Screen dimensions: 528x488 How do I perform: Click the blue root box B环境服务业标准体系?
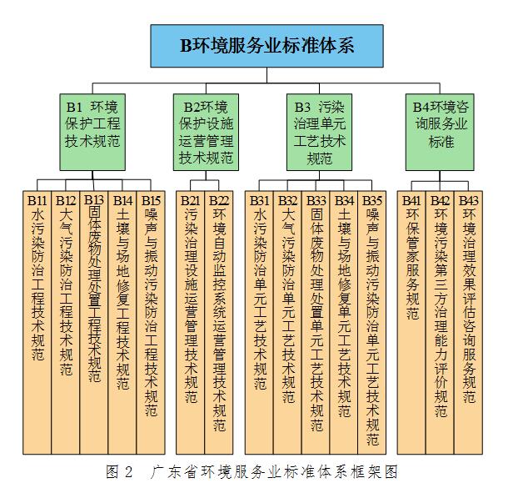[x=266, y=46]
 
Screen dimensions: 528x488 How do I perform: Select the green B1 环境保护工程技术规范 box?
[x=92, y=132]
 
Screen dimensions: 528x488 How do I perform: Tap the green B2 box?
[x=206, y=132]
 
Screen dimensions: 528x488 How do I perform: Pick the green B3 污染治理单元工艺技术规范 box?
[x=319, y=132]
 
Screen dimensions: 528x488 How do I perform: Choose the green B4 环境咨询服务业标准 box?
[x=440, y=132]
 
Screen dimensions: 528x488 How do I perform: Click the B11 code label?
[x=37, y=201]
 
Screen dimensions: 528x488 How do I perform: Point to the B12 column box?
[x=66, y=323]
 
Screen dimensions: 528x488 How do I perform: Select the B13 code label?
[x=94, y=200]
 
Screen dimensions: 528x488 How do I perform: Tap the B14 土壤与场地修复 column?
[x=122, y=323]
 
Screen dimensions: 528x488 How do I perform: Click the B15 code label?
[x=151, y=201]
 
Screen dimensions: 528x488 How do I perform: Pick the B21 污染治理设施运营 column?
[x=190, y=323]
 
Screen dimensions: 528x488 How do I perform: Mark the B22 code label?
[x=219, y=201]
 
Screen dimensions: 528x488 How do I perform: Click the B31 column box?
[x=259, y=323]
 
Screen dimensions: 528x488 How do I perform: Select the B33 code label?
[x=316, y=201]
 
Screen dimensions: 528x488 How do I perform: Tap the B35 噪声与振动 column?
[x=372, y=323]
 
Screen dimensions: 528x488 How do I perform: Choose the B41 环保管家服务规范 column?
[x=411, y=323]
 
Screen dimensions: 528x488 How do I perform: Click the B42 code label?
[x=440, y=201]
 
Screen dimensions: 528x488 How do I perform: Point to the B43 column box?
[x=468, y=323]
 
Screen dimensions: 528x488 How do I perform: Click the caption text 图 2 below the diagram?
[x=119, y=471]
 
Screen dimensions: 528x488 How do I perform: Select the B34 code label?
[x=344, y=201]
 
